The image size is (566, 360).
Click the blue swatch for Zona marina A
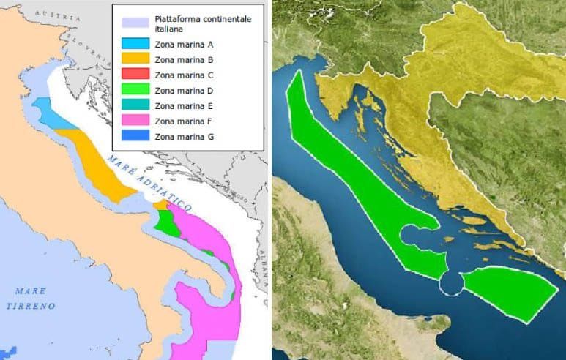tap(135, 44)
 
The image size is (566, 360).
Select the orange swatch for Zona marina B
tap(135, 59)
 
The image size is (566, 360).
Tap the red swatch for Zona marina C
tap(135, 75)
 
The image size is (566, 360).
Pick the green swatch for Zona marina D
tap(135, 90)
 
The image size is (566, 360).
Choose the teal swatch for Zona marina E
tap(135, 105)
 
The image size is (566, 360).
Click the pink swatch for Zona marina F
tap(135, 121)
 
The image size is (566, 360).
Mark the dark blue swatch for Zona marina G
tap(135, 136)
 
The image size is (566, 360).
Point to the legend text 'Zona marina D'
tap(184, 90)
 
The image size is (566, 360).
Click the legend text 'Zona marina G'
tap(184, 136)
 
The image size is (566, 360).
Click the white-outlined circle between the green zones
tap(450, 282)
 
